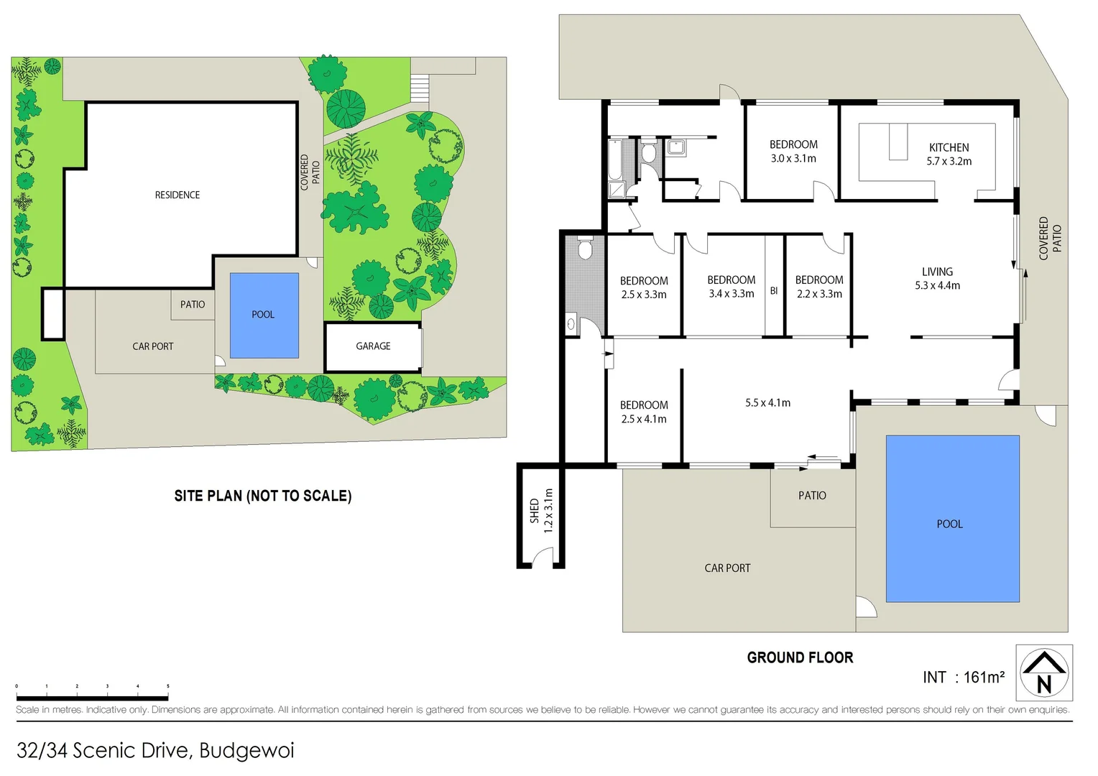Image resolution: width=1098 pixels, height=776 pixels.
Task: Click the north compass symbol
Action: click(1043, 673)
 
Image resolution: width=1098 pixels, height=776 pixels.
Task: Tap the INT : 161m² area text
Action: click(964, 678)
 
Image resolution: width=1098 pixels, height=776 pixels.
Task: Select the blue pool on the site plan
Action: click(264, 315)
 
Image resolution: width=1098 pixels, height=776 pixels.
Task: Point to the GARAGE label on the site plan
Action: click(373, 346)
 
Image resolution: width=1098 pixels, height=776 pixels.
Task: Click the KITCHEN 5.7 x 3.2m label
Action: click(949, 154)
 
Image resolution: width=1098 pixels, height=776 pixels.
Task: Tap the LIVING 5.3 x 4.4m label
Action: click(937, 279)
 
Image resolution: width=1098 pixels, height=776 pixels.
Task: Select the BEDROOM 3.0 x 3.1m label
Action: click(793, 152)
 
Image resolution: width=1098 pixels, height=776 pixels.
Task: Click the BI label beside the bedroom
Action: click(774, 291)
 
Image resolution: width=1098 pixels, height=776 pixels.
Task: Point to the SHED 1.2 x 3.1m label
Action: click(541, 511)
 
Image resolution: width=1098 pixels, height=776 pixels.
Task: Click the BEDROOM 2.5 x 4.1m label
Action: click(644, 412)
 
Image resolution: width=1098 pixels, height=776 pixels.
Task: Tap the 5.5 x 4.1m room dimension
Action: click(767, 403)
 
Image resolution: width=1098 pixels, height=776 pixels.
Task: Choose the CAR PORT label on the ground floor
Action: click(727, 568)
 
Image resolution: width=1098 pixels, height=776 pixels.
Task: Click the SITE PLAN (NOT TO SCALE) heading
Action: click(263, 496)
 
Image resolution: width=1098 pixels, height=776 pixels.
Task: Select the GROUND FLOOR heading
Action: click(800, 657)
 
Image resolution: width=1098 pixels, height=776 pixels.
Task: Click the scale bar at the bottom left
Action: click(92, 697)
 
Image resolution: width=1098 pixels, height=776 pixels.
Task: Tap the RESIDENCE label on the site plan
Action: click(177, 195)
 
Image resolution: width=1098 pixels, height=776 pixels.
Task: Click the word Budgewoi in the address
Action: click(246, 751)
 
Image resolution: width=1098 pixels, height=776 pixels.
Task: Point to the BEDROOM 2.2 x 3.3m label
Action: click(819, 287)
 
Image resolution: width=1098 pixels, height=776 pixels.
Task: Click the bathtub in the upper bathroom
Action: click(615, 160)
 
